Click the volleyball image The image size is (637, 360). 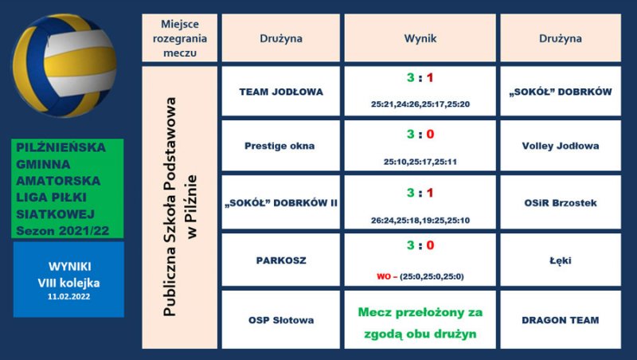[x=64, y=65]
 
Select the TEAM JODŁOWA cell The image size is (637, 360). [x=281, y=92]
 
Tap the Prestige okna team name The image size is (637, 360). [x=279, y=146]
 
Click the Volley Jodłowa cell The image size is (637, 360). [x=561, y=146]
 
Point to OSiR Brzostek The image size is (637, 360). [x=561, y=203]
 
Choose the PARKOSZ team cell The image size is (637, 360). [x=281, y=260]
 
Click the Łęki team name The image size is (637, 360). [x=561, y=260]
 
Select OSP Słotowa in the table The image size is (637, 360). [x=281, y=320]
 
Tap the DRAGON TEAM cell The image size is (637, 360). [x=561, y=319]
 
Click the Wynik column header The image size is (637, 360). [x=420, y=38]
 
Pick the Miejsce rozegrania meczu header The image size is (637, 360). [x=180, y=38]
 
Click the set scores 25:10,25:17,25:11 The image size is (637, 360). [x=420, y=162]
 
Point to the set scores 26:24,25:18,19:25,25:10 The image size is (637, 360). [x=420, y=221]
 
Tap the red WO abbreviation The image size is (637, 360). [x=384, y=276]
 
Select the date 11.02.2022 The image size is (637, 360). [x=68, y=296]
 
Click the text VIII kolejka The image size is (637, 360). [x=68, y=283]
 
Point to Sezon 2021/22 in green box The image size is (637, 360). [x=63, y=231]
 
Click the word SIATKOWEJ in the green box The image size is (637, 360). [x=55, y=214]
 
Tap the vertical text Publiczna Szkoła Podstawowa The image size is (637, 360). [x=170, y=207]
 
